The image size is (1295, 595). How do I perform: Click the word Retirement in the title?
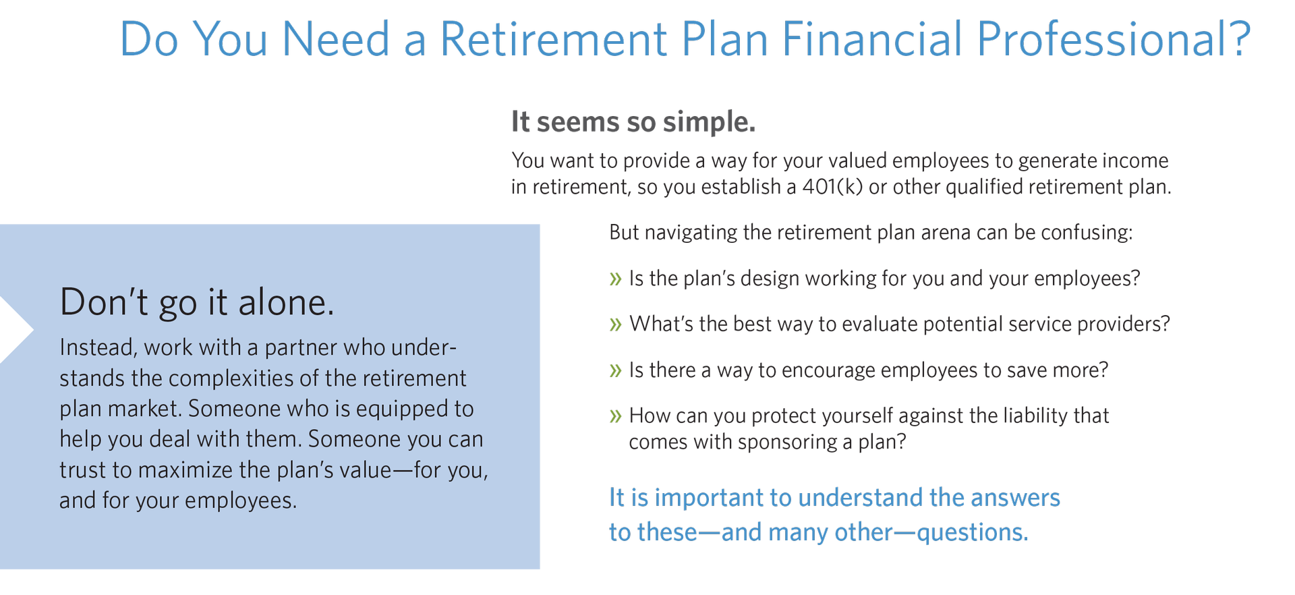[554, 39]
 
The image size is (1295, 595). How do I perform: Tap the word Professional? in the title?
[1113, 39]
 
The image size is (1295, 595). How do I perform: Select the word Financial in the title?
[872, 39]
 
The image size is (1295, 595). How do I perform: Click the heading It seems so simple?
[633, 122]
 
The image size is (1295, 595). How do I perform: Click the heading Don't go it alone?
[197, 302]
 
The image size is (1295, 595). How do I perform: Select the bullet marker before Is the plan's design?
[615, 279]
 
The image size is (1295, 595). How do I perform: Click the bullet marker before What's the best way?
[615, 325]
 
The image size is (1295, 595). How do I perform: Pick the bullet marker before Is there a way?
[615, 370]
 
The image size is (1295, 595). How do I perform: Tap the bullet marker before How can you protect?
[615, 416]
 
